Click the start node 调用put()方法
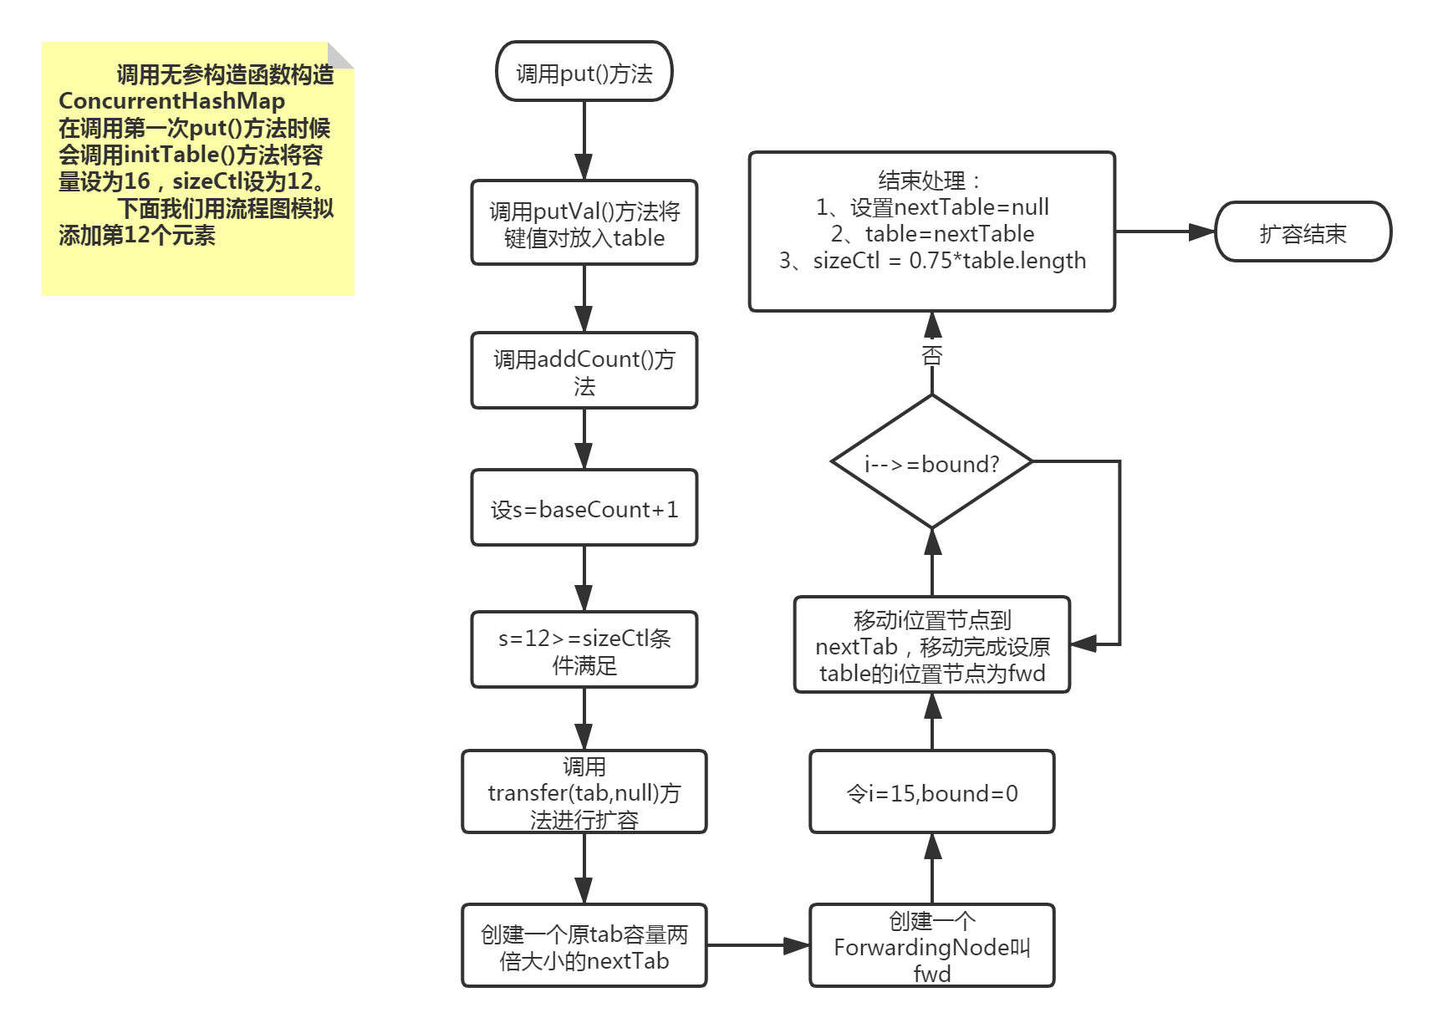584,73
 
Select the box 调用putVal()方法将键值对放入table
584,223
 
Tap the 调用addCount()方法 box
584,371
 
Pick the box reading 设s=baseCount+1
584,508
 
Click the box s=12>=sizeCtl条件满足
584,650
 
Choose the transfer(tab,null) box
584,792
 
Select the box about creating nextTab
584,946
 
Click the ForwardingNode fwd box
931,946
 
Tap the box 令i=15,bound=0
931,792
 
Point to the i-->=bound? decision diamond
931,462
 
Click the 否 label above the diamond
931,354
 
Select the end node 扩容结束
1303,232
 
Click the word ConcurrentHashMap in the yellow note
171,101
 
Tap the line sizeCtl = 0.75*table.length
932,261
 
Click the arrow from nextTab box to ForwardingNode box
757,946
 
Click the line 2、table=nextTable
932,234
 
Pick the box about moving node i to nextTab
931,645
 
